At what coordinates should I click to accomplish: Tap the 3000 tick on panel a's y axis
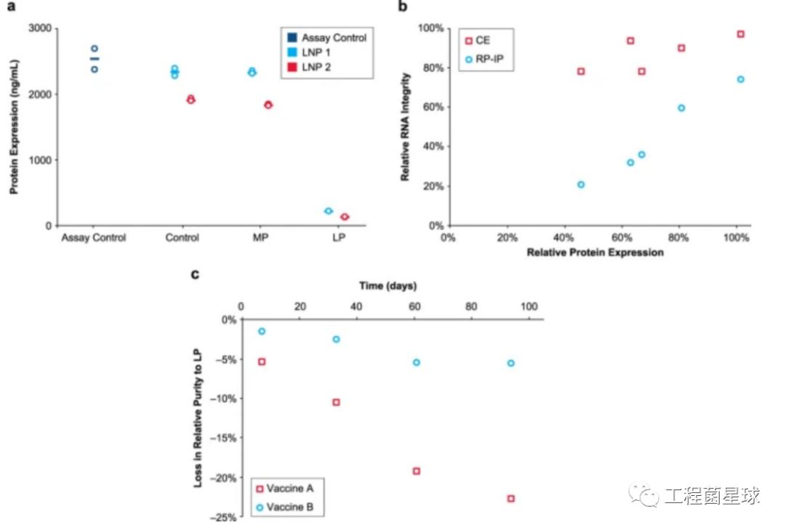[x=41, y=28]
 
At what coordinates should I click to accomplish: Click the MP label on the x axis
[x=258, y=238]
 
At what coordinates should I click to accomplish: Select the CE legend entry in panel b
[x=480, y=41]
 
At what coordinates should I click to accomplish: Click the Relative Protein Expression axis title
[x=595, y=253]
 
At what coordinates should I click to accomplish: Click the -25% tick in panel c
[x=223, y=518]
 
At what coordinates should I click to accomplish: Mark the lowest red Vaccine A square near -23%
[x=511, y=499]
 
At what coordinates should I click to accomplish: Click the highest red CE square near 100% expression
[x=741, y=34]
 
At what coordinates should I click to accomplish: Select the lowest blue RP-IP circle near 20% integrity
[x=581, y=184]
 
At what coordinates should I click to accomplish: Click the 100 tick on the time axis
[x=528, y=306]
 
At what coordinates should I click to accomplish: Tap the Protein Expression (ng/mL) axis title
[x=14, y=128]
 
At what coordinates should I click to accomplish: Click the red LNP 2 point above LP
[x=345, y=216]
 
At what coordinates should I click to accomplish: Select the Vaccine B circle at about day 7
[x=262, y=331]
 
